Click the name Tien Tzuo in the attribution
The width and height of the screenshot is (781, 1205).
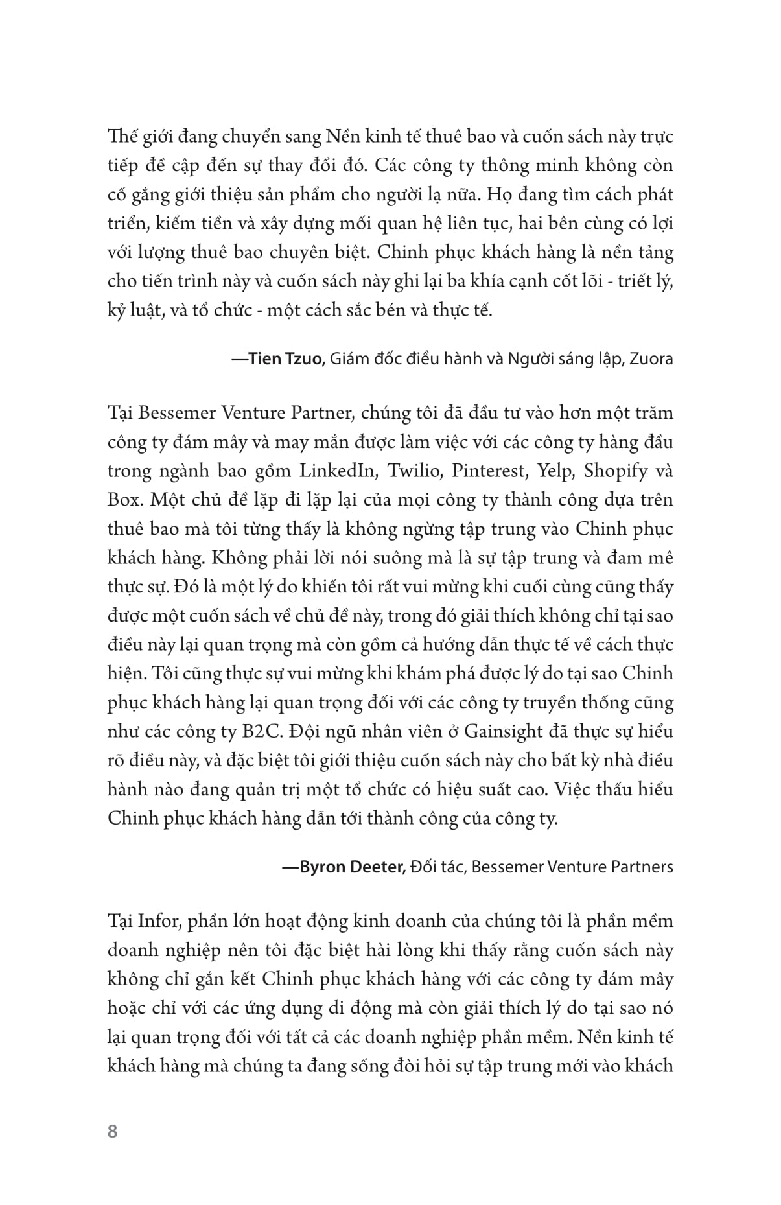287,358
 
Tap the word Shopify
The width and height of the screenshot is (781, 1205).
616,471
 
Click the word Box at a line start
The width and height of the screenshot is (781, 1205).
121,500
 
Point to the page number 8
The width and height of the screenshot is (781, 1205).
113,1132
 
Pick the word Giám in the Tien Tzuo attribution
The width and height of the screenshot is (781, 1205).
349,358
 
